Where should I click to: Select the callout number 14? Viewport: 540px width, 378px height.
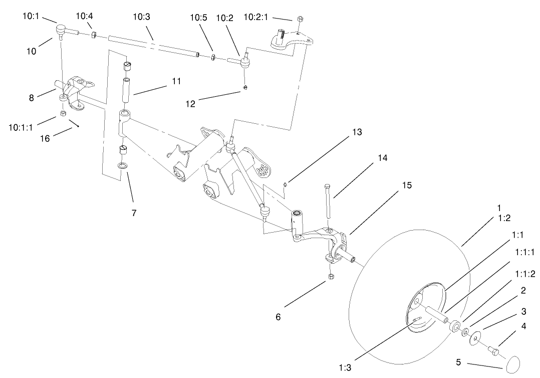(x=382, y=158)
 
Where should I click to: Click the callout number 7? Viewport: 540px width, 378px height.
(x=133, y=213)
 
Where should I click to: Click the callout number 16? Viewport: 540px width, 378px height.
(x=45, y=138)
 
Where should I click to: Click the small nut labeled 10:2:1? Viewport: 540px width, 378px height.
(x=299, y=19)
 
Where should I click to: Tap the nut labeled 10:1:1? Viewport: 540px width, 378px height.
(x=63, y=113)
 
